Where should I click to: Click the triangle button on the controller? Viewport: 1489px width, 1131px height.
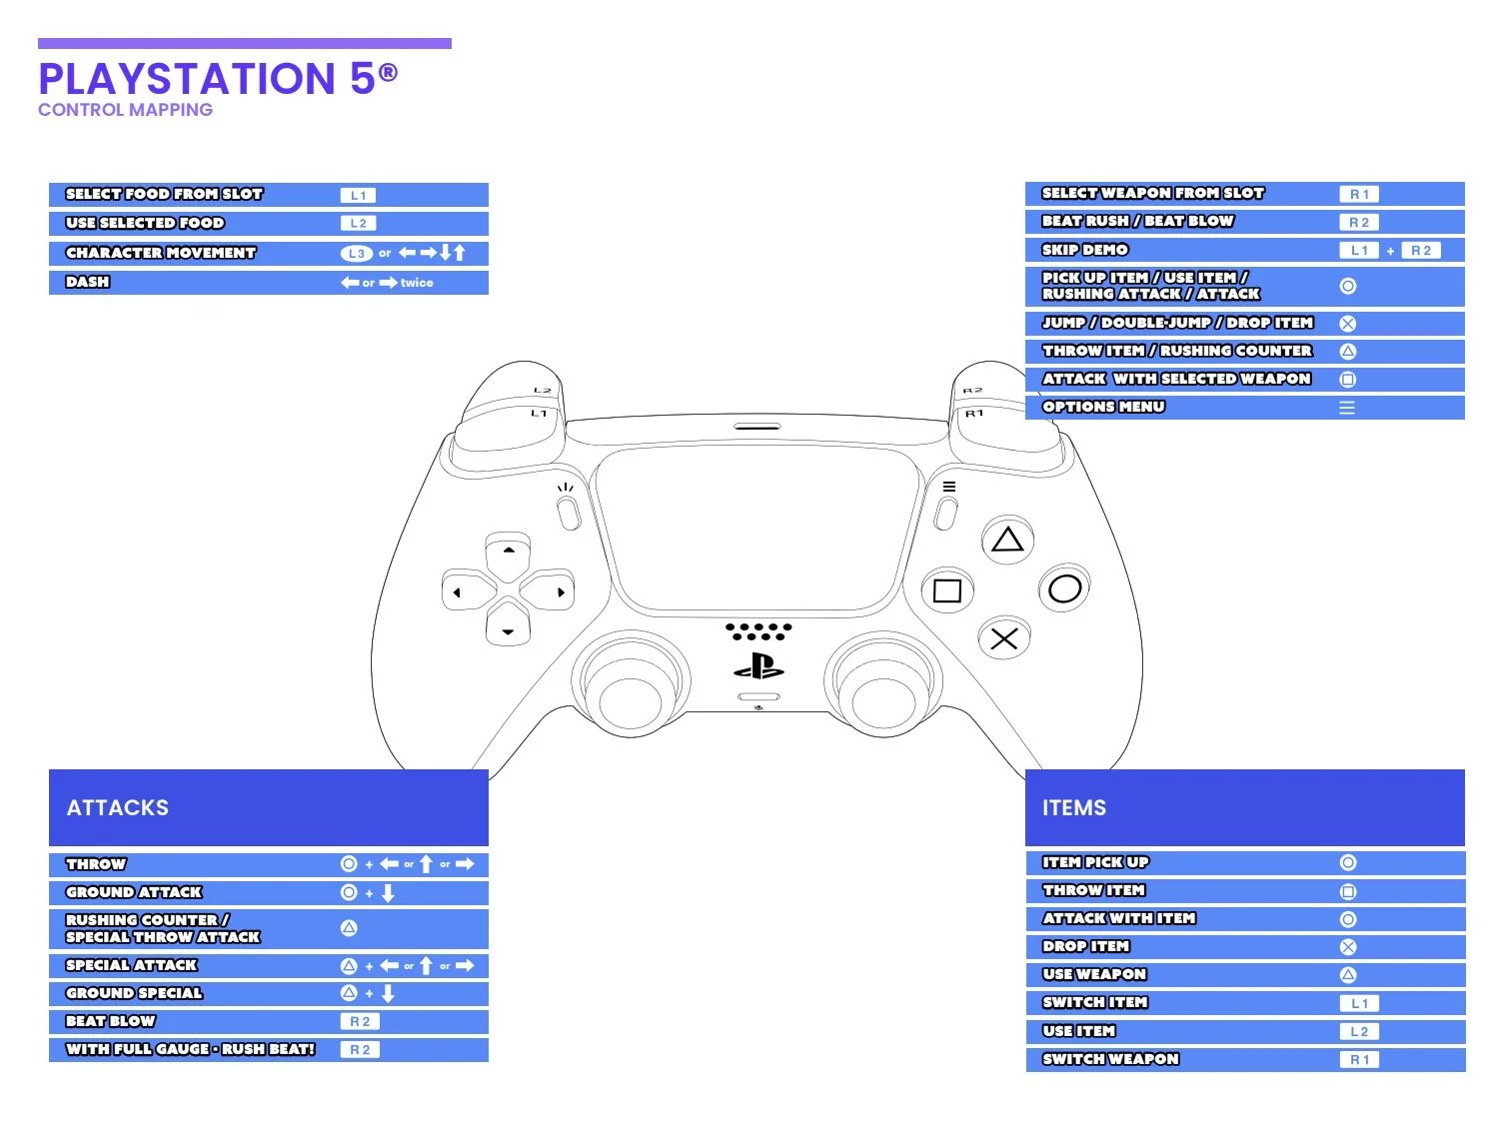tap(1007, 541)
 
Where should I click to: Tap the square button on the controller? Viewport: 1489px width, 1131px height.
tap(946, 590)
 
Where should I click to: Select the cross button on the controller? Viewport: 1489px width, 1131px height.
tap(1004, 638)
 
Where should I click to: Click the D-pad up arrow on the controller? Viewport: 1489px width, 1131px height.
tap(509, 551)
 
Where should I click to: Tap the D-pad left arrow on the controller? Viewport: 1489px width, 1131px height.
tap(458, 592)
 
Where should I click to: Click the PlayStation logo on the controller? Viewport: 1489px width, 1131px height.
tap(758, 666)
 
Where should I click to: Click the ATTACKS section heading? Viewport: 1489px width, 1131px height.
tap(118, 807)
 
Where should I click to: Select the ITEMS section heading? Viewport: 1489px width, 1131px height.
tap(1074, 807)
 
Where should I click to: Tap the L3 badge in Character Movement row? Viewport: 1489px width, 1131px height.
tap(357, 254)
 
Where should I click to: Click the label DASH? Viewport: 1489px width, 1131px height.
tap(88, 282)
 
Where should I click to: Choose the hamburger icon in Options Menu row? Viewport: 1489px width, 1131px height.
tap(1347, 408)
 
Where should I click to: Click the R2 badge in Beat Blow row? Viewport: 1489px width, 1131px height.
tap(360, 1021)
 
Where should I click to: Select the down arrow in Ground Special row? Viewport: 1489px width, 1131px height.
tap(388, 993)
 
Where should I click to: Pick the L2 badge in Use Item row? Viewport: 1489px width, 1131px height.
tap(1359, 1031)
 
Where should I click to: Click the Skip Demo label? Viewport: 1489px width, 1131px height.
tap(1085, 250)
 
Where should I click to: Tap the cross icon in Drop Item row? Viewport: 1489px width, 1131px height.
tap(1348, 947)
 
